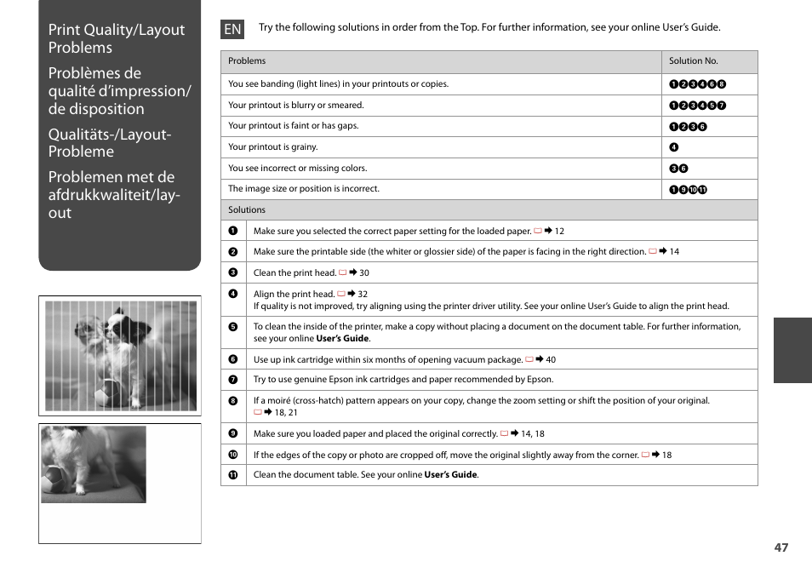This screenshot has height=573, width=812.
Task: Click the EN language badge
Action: click(232, 29)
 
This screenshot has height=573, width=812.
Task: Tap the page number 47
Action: click(781, 547)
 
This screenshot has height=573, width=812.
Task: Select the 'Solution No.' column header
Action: click(693, 61)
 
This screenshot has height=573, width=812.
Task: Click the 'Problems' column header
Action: click(247, 61)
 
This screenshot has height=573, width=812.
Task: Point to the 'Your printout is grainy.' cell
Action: click(272, 147)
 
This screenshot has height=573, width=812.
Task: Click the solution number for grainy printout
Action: click(674, 147)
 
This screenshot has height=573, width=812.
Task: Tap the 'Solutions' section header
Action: click(247, 209)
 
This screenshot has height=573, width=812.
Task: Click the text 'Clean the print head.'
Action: click(294, 273)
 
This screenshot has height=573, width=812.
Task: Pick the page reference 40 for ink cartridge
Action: click(550, 360)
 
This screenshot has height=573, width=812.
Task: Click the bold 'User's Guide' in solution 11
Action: click(450, 475)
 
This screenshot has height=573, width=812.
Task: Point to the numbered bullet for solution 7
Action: click(232, 380)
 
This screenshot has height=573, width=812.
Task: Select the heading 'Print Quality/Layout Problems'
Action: click(116, 38)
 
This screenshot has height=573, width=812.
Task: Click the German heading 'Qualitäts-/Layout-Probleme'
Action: click(110, 142)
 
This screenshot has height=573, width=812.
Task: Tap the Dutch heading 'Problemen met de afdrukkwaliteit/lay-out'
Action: click(113, 194)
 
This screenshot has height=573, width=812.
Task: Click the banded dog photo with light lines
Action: click(120, 355)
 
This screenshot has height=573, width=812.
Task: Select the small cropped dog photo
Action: click(94, 464)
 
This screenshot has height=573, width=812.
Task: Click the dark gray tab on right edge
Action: click(792, 350)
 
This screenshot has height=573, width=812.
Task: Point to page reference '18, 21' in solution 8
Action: click(285, 413)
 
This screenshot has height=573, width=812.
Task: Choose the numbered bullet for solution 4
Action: click(232, 295)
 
